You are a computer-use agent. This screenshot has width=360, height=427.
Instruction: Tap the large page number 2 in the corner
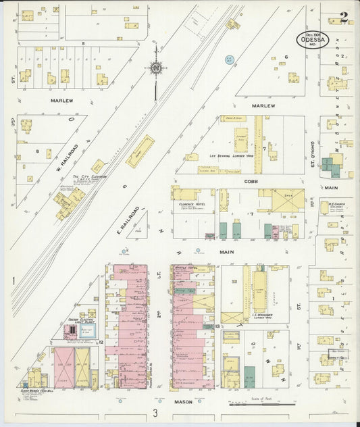click(x=344, y=18)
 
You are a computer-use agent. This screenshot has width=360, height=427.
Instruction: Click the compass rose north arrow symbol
click(x=156, y=68)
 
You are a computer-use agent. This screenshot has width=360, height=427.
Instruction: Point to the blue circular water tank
click(x=229, y=60)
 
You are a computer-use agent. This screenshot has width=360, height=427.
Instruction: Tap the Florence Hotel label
click(x=192, y=203)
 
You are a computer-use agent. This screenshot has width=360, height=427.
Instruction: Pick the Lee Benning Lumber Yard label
click(x=230, y=155)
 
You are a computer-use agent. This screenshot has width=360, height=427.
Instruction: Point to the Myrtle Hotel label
click(x=184, y=268)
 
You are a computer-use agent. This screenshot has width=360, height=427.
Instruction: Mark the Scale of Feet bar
click(x=261, y=405)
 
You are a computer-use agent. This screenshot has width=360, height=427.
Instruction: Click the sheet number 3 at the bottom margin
click(x=155, y=413)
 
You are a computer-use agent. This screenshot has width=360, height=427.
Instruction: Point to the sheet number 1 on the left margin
click(x=13, y=279)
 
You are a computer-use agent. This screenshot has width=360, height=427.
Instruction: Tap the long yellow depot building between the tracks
click(x=140, y=151)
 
